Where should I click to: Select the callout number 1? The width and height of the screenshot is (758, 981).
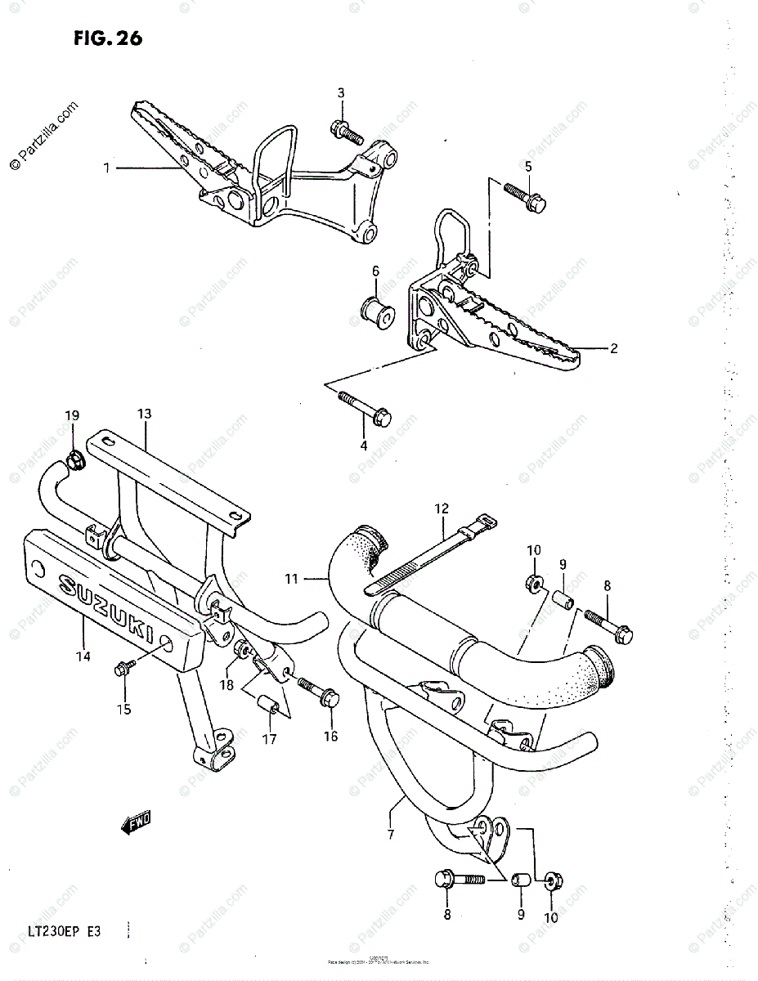106,168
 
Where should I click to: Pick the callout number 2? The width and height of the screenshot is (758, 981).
613,349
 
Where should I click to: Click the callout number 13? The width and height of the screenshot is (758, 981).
144,414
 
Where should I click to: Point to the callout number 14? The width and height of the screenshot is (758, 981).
84,656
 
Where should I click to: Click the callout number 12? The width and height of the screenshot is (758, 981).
442,508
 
